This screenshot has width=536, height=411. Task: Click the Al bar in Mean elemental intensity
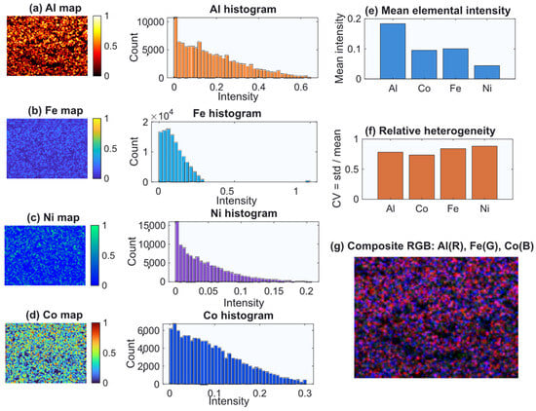[x=393, y=52]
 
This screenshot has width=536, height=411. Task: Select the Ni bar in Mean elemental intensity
[x=486, y=72]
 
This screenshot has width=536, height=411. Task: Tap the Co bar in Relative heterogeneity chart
[x=421, y=177]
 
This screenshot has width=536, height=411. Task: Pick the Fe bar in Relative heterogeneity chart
[x=453, y=173]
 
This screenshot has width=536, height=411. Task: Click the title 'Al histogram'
[x=243, y=9]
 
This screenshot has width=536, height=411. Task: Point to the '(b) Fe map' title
[x=56, y=111]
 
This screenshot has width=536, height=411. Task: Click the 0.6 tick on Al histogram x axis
[x=301, y=87]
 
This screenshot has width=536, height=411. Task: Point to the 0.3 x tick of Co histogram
[x=305, y=393]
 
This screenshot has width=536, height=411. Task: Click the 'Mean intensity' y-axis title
[x=339, y=49]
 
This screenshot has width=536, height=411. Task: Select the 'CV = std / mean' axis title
[x=337, y=168]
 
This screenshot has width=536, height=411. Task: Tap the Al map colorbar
[x=97, y=46]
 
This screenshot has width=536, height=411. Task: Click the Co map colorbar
[x=96, y=353]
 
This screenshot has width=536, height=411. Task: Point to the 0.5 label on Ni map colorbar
[x=108, y=255]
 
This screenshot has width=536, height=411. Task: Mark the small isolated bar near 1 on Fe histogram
[x=308, y=181]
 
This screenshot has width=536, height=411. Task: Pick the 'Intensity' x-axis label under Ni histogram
[x=244, y=303]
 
